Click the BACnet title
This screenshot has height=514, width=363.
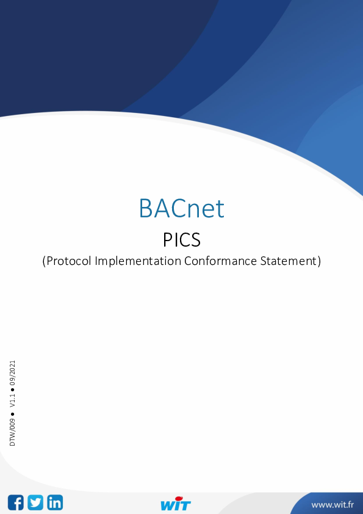point(181,209)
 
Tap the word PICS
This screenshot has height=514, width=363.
point(181,239)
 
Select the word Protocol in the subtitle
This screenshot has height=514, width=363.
point(70,261)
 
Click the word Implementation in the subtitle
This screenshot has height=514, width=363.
point(140,261)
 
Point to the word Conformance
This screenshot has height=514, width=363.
point(221,261)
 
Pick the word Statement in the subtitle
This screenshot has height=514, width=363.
point(288,261)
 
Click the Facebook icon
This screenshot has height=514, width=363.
point(16,502)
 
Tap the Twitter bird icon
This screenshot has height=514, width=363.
point(35,502)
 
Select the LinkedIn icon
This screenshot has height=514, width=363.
point(55,502)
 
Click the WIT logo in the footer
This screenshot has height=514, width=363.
point(176,505)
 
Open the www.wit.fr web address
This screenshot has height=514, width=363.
point(332,505)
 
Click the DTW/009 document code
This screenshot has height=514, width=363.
point(12,432)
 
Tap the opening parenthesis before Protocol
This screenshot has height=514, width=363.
point(44,261)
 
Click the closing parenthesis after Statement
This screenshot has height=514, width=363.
point(318,261)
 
